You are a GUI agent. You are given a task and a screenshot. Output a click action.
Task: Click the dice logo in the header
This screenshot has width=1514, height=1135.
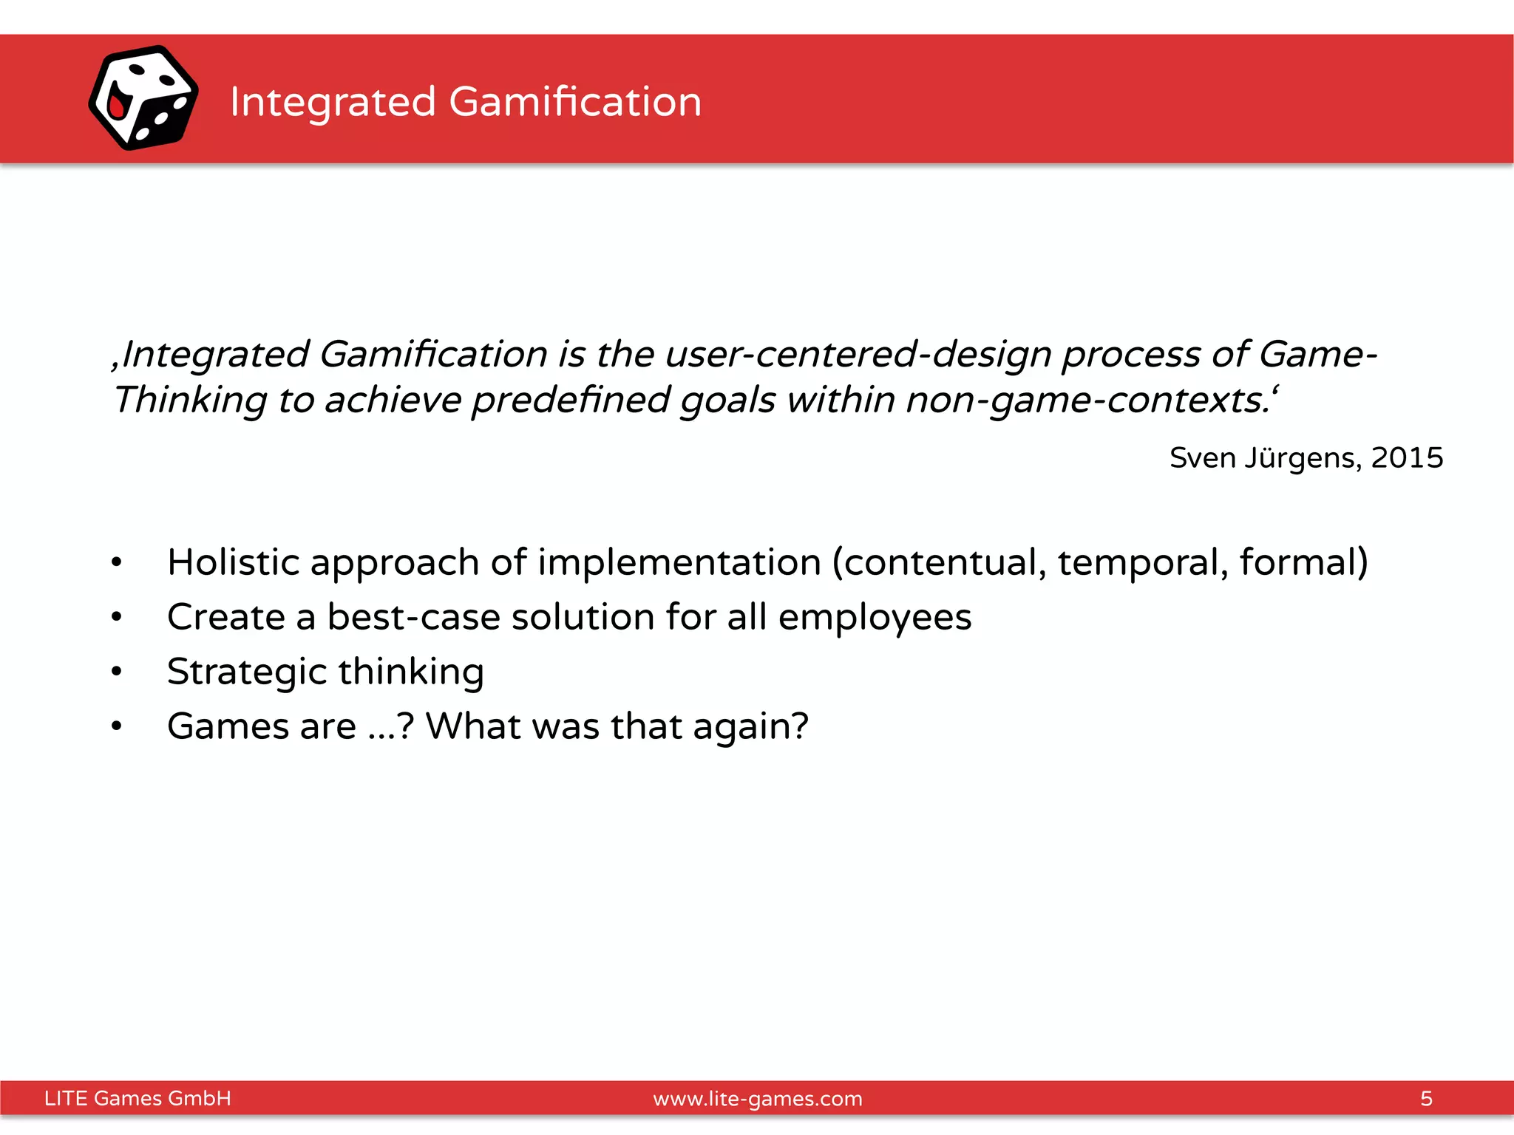143,98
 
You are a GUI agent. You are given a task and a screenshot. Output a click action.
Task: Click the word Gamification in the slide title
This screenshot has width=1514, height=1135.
575,101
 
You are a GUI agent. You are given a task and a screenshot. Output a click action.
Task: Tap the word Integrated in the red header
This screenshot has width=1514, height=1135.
333,101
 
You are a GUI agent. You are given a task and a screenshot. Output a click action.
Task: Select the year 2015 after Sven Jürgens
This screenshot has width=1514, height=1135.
1407,458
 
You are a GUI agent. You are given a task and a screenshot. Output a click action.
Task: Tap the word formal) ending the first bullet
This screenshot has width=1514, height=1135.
1303,562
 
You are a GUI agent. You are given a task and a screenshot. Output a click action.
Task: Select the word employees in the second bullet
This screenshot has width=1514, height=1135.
875,618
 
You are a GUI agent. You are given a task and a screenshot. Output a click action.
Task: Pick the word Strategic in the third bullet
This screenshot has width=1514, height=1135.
247,672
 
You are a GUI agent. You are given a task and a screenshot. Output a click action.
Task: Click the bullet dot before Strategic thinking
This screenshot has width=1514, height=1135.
116,672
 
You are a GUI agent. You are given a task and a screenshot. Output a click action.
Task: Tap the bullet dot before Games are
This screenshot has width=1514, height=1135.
116,726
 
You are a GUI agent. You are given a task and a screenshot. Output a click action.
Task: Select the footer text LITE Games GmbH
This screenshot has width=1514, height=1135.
138,1099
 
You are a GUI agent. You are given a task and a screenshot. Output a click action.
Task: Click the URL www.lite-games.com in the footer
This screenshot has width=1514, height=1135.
758,1099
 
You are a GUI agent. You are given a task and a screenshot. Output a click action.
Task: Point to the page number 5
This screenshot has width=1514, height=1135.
1426,1099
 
